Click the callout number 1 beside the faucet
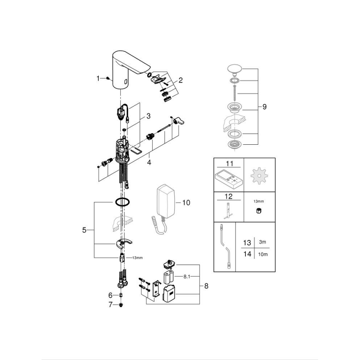pyautogui.click(x=98, y=78)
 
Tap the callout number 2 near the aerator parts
pyautogui.click(x=181, y=80)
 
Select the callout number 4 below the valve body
pyautogui.click(x=149, y=161)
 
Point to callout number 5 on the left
pyautogui.click(x=84, y=230)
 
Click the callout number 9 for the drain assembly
pyautogui.click(x=264, y=107)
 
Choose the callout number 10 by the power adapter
pyautogui.click(x=186, y=203)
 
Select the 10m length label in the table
pyautogui.click(x=262, y=254)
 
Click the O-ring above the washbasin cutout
pyautogui.click(x=122, y=202)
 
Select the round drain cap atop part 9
pyautogui.click(x=235, y=68)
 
